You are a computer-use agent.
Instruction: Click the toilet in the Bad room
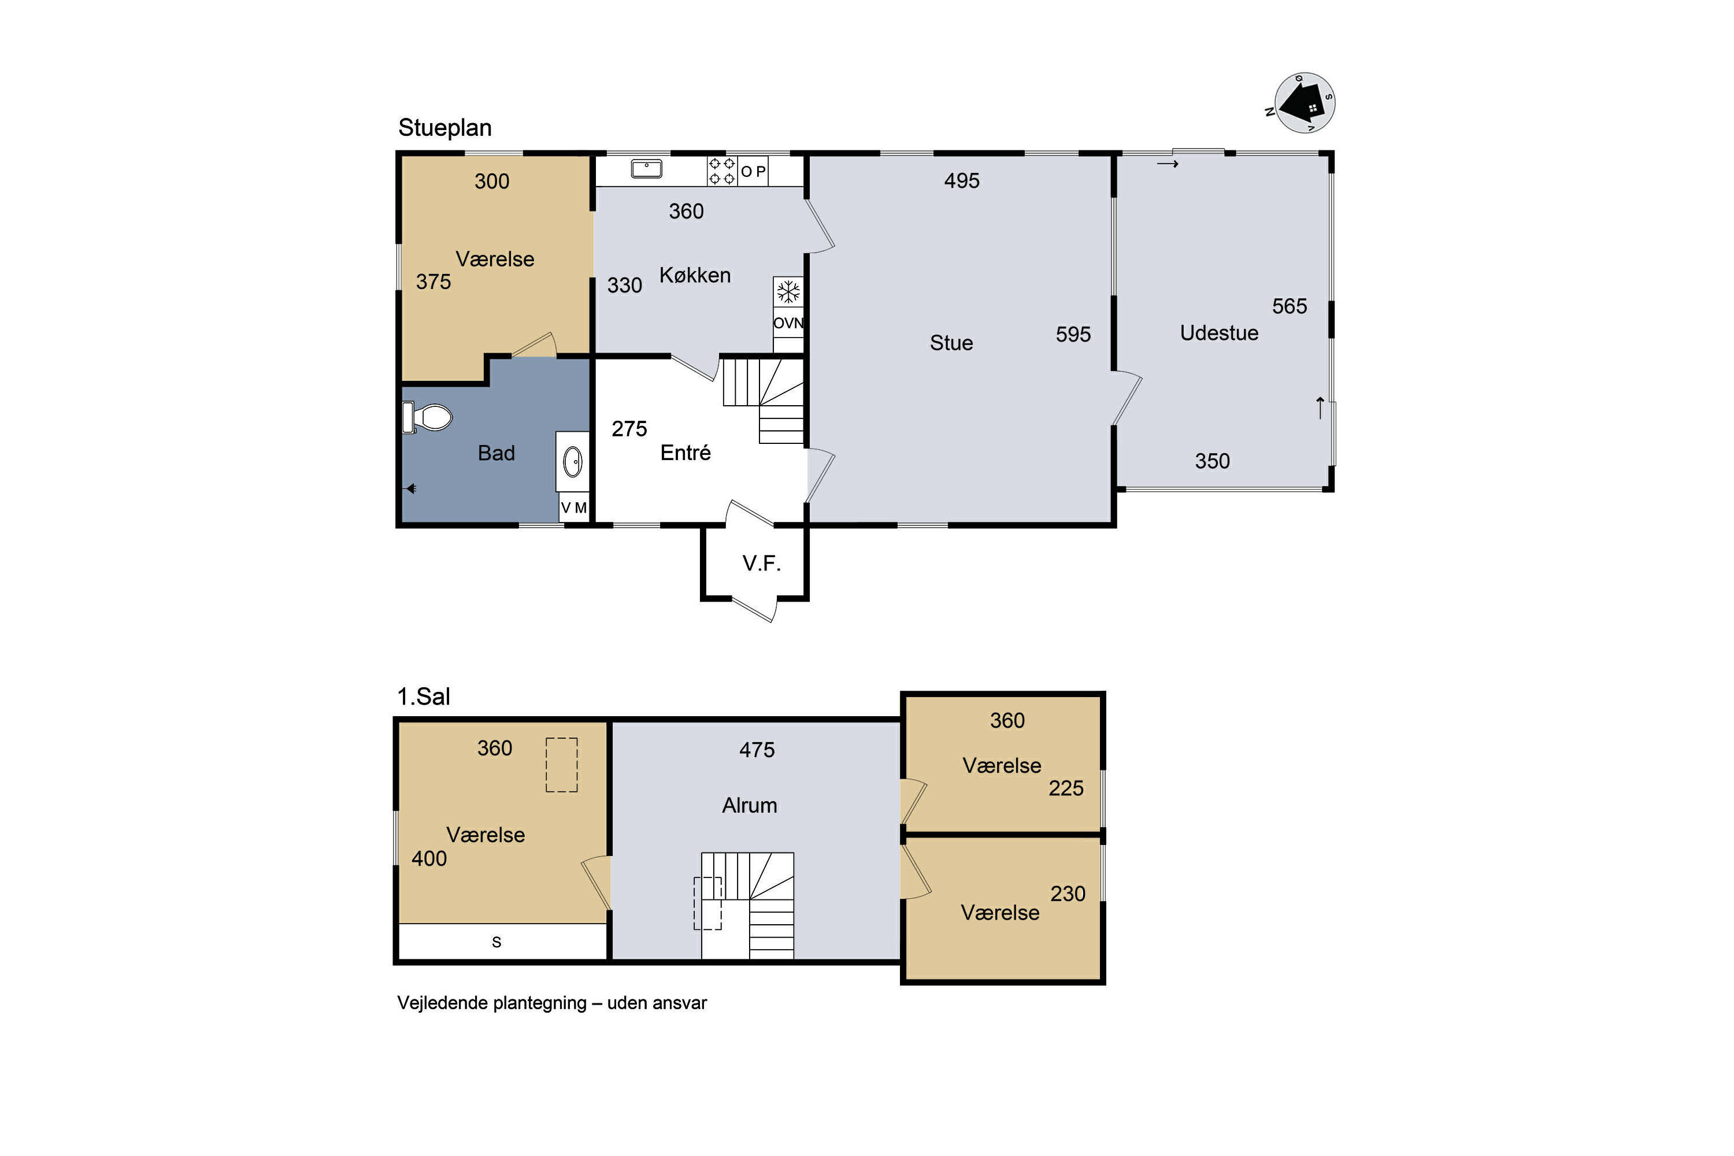pos(427,417)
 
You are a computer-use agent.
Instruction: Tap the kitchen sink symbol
pos(647,169)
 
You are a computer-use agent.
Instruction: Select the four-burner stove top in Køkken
pos(722,171)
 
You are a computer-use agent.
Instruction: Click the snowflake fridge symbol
pos(788,291)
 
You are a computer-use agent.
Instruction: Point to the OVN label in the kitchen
pos(788,323)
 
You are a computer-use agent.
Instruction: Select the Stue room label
pos(951,343)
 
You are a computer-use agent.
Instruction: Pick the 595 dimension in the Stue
pos(1073,335)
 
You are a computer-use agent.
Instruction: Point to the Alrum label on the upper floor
pos(749,805)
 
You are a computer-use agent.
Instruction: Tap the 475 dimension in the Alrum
pos(757,750)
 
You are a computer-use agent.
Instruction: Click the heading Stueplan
pos(444,128)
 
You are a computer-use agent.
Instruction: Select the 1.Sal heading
pos(423,696)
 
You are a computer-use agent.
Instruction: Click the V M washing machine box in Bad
pos(573,507)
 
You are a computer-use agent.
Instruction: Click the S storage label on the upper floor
pos(496,942)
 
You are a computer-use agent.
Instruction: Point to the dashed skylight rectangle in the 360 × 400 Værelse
pos(561,765)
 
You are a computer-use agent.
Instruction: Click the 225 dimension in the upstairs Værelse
pos(1066,788)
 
